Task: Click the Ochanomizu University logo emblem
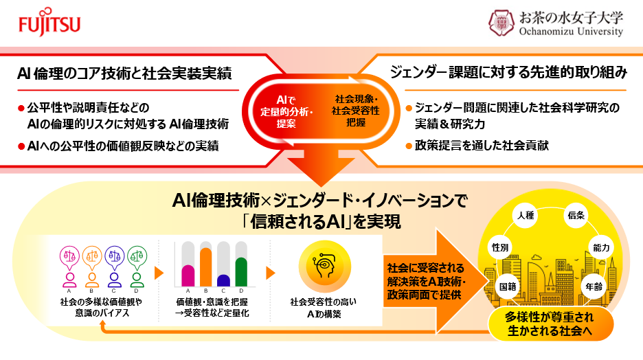[x=501, y=23]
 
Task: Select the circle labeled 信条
[x=575, y=216]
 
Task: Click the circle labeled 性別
[x=499, y=246]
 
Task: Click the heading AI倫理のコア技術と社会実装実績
[x=125, y=71]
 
